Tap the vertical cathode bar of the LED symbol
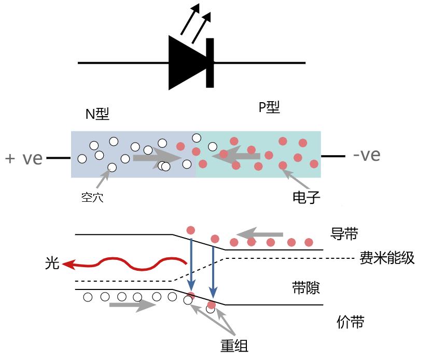point(210,63)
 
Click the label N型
point(98,114)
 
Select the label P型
point(269,107)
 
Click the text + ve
point(24,158)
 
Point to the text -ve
point(366,155)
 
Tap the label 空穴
point(92,197)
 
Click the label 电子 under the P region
point(307,197)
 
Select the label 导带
point(344,234)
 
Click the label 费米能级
point(387,258)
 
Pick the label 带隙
point(306,288)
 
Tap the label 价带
point(351,322)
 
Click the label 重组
point(235,345)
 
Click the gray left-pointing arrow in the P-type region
point(236,155)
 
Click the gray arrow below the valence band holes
point(132,305)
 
